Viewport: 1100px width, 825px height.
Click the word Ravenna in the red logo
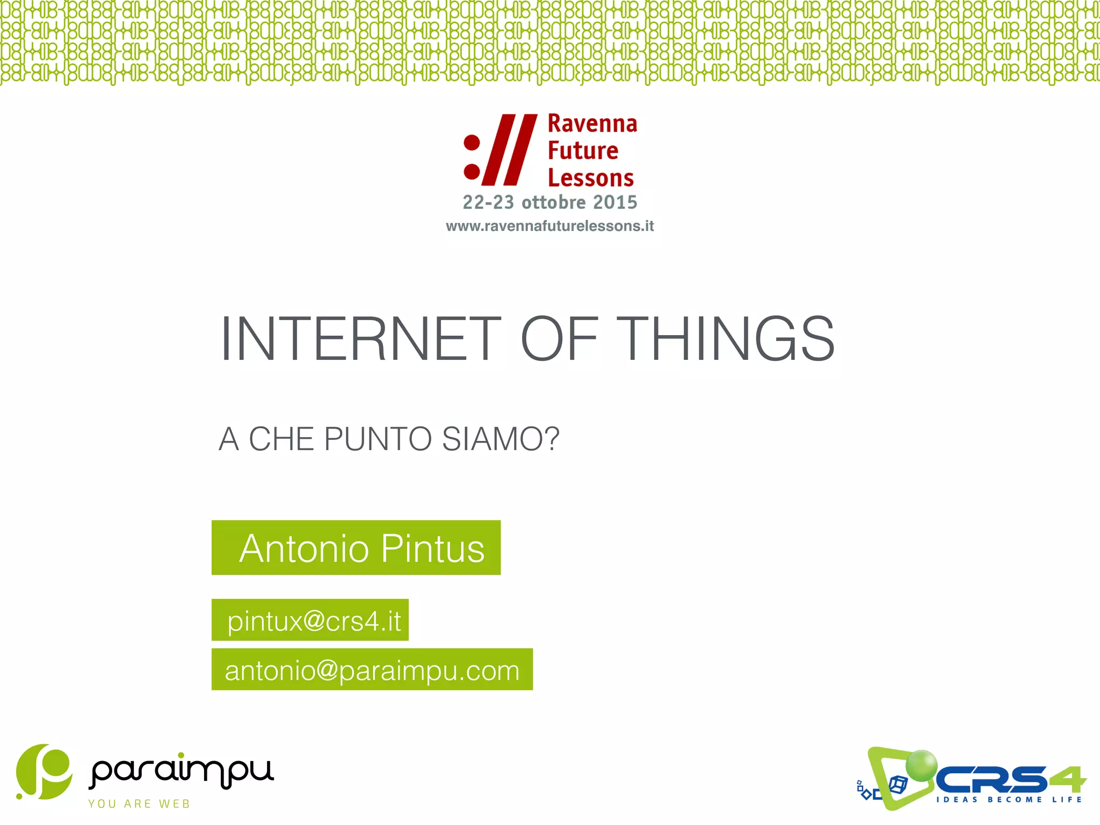point(592,124)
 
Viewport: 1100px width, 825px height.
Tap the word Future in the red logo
point(583,151)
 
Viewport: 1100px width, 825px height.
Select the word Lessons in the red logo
point(591,178)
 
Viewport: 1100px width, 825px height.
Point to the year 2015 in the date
point(615,202)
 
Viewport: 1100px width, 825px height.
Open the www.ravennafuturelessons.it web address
point(549,226)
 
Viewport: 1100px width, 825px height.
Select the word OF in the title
point(559,339)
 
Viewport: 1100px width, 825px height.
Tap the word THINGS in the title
point(726,339)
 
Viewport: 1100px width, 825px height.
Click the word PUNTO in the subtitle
point(378,439)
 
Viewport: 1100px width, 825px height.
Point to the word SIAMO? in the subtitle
point(501,439)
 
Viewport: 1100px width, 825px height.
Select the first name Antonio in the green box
point(304,549)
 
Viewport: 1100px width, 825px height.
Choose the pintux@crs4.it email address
point(314,621)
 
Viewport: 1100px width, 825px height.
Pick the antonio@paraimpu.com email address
point(372,671)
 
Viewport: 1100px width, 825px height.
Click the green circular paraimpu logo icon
point(44,772)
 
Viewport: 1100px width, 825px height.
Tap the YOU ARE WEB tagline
point(139,804)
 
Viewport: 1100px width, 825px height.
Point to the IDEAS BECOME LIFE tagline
point(1009,800)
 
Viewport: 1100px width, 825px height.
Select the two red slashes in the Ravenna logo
point(509,149)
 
